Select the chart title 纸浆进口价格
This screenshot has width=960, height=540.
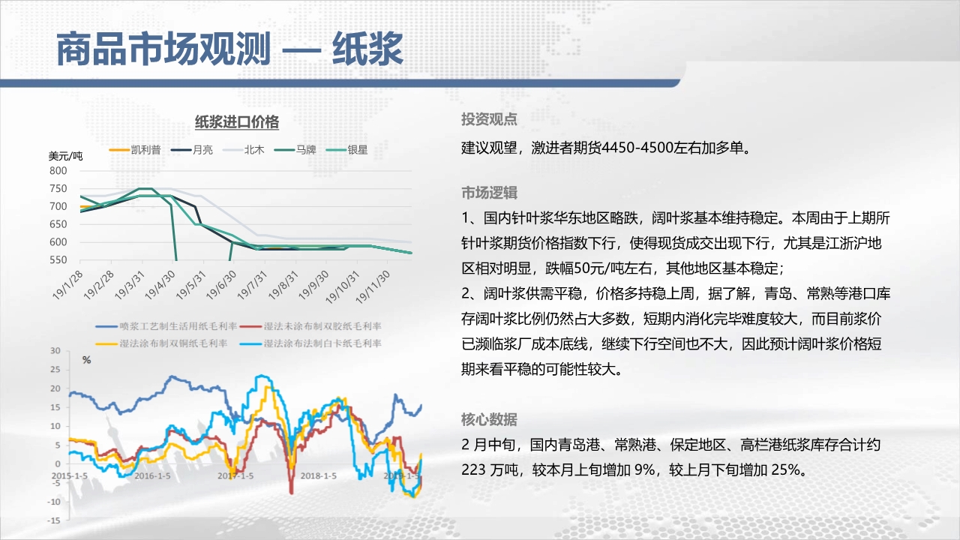237,122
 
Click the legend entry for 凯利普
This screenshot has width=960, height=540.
135,149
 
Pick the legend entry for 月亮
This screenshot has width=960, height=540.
192,149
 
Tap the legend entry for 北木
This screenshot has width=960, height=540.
244,149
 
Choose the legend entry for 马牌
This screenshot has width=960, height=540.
295,149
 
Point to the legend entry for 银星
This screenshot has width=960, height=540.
346,149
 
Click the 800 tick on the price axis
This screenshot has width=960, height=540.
58,170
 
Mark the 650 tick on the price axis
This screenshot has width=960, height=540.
58,224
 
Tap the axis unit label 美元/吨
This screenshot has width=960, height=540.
65,156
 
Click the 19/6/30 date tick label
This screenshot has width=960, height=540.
221,284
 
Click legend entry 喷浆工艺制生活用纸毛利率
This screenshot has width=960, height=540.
166,326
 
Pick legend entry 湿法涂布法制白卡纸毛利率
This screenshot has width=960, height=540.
310,343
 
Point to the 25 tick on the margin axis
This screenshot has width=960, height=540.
55,370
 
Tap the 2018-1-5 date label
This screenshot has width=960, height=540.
319,475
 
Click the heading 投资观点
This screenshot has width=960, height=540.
489,119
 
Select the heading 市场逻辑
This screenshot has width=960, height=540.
489,193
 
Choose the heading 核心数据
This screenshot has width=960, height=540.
489,419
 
